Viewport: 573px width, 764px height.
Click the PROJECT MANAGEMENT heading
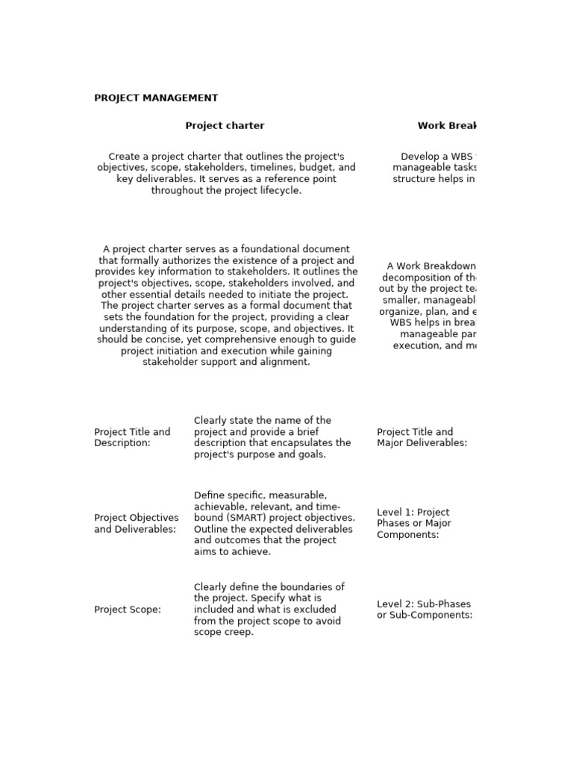(156, 98)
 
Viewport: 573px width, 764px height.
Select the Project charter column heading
(225, 125)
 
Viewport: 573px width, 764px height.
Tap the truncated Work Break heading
(445, 125)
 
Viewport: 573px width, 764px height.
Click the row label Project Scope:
(128, 610)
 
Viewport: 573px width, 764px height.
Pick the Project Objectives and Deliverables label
(137, 523)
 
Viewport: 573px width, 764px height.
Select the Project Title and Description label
(132, 437)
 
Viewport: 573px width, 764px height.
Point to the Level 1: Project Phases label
(414, 523)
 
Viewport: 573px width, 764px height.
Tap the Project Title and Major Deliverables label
(422, 437)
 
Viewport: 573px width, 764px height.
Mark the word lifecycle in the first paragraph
(278, 190)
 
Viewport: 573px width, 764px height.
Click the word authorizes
(169, 260)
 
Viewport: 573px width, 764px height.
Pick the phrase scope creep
(224, 632)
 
